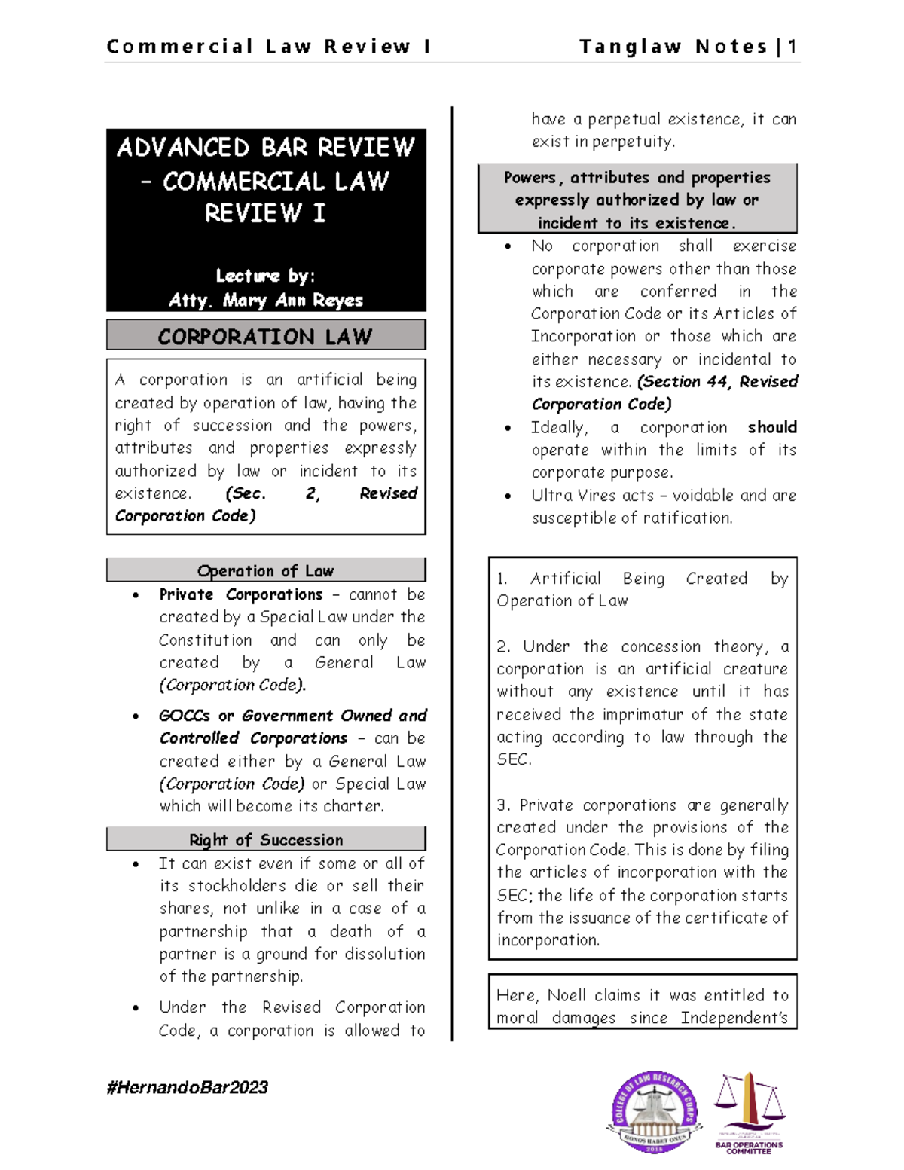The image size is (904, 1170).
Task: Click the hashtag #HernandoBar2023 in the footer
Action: coord(188,1087)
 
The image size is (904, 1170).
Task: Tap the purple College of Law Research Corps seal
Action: coord(653,1112)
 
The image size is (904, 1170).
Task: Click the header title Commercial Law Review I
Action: coord(269,47)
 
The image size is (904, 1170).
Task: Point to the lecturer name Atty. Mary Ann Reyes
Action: coord(266,300)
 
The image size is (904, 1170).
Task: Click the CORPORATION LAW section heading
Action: coord(265,336)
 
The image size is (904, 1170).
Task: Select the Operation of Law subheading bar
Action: coord(265,570)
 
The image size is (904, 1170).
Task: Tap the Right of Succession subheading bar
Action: coord(265,839)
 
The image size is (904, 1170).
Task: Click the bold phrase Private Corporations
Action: coord(241,594)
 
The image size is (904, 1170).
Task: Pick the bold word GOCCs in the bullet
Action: coord(185,716)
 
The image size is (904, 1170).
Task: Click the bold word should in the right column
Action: coord(772,427)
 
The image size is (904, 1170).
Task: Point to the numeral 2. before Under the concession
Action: coord(503,647)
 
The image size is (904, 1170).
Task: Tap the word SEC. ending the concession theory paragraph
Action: coord(514,759)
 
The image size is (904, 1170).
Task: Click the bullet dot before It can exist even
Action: coord(136,864)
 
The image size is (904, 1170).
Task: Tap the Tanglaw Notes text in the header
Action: coord(673,47)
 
